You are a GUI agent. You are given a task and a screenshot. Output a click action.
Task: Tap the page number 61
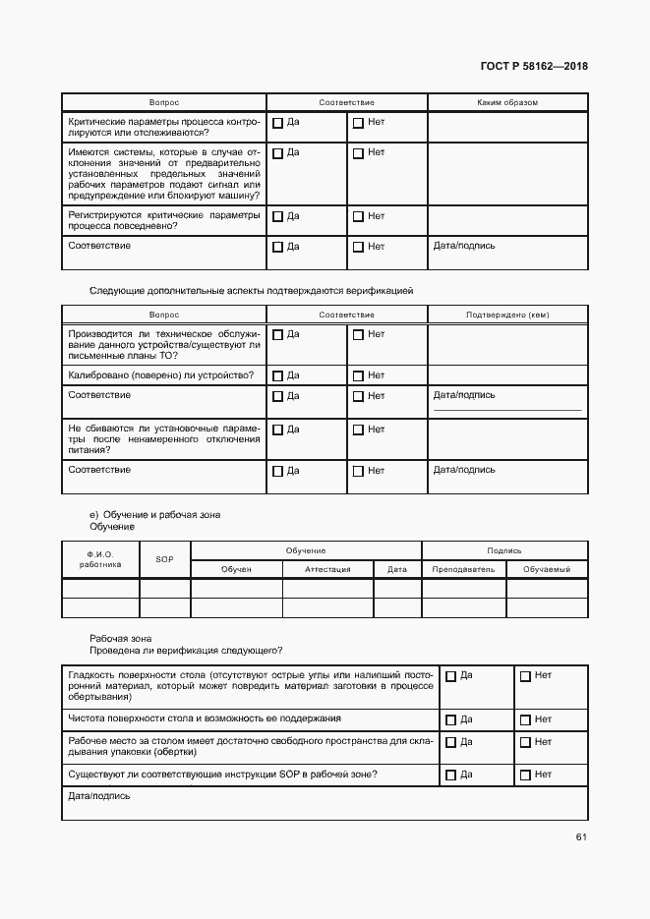pos(581,836)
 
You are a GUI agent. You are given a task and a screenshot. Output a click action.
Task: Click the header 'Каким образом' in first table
pos(506,102)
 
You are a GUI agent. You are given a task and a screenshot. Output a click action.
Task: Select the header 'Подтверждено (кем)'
pos(506,315)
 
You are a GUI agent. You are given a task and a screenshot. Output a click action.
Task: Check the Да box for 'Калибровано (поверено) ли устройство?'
pos(277,376)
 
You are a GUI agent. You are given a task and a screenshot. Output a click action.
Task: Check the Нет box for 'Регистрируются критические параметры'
pos(358,217)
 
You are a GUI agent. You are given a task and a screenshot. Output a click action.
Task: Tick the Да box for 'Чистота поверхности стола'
pos(451,720)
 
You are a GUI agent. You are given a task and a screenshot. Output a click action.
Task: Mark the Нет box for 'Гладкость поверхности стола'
pos(525,676)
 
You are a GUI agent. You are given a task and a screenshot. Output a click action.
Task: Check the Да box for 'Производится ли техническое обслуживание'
pos(277,335)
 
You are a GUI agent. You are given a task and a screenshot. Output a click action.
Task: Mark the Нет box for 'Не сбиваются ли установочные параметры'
pos(358,431)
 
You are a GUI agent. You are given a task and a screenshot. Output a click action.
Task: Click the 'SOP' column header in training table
pos(164,559)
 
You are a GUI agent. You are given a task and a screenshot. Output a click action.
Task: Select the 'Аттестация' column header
pos(327,569)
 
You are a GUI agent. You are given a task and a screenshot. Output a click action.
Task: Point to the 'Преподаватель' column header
pos(463,569)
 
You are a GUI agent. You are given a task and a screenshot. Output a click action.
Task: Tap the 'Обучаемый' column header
pos(547,569)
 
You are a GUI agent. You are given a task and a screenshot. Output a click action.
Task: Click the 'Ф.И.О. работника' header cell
pos(100,559)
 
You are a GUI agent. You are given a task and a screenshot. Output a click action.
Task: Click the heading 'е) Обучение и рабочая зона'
pos(154,514)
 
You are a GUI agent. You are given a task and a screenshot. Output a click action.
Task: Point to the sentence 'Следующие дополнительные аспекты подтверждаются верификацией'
pos(251,290)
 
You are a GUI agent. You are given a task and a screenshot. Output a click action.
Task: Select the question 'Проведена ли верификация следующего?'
pos(185,651)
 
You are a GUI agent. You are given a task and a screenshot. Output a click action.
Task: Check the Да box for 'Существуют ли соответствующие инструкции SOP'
pos(451,775)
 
